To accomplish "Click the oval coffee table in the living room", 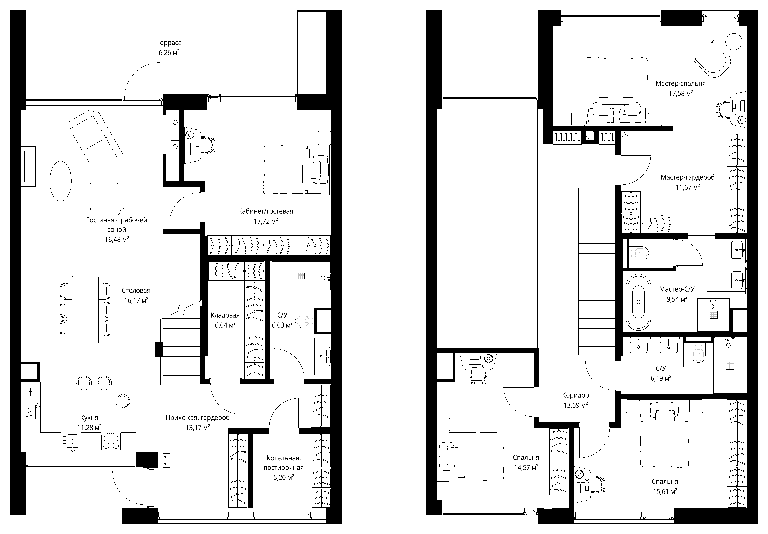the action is tap(61, 181).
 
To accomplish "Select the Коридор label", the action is tap(575, 395).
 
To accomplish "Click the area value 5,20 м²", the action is tap(284, 477).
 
